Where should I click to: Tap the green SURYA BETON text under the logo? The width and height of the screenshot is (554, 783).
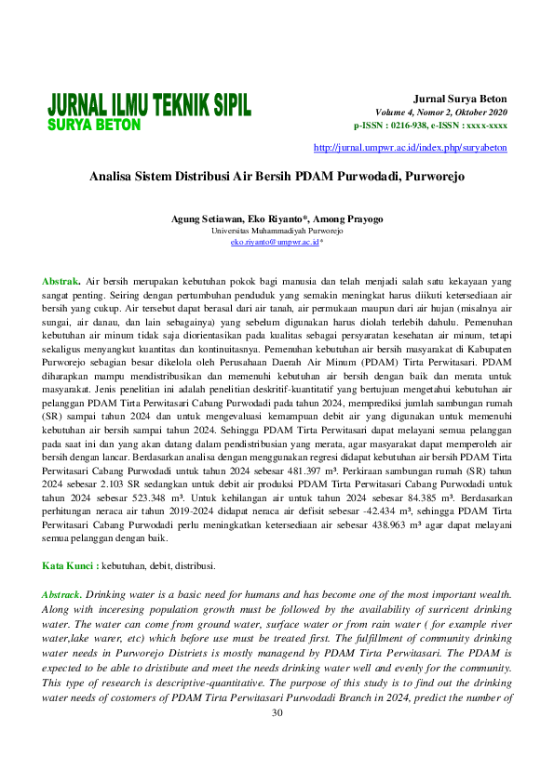pyautogui.click(x=94, y=125)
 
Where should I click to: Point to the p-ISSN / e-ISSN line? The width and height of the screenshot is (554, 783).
pyautogui.click(x=430, y=125)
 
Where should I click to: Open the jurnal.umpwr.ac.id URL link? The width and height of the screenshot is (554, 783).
pyautogui.click(x=411, y=147)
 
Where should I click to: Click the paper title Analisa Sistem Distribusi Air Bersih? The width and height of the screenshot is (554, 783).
pyautogui.click(x=277, y=175)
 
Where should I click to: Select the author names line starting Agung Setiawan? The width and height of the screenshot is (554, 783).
pyautogui.click(x=277, y=219)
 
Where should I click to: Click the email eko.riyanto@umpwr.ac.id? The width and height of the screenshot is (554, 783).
pyautogui.click(x=275, y=241)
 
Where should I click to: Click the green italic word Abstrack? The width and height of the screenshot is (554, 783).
pyautogui.click(x=62, y=593)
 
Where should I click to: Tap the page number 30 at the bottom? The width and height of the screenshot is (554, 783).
pyautogui.click(x=277, y=713)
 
